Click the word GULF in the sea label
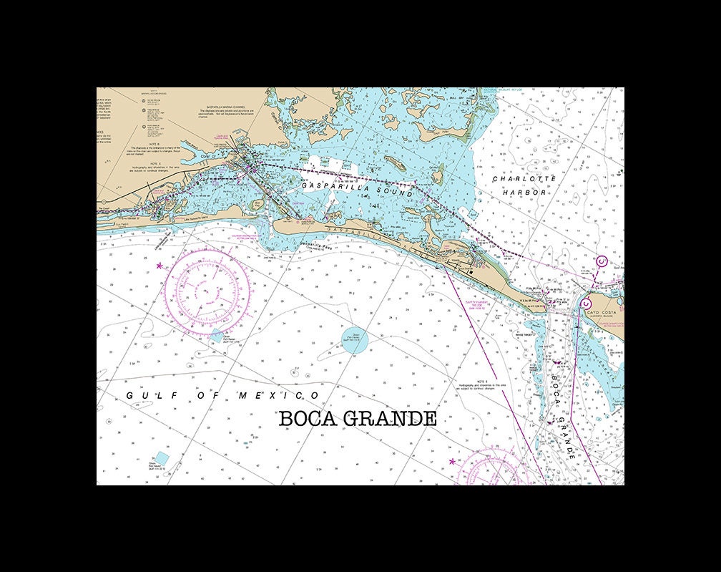140,396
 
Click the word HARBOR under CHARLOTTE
524,193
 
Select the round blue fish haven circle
354,341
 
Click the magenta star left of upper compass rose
159,266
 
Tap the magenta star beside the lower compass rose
451,462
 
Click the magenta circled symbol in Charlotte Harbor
602,262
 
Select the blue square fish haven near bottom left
162,457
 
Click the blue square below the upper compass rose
217,335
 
